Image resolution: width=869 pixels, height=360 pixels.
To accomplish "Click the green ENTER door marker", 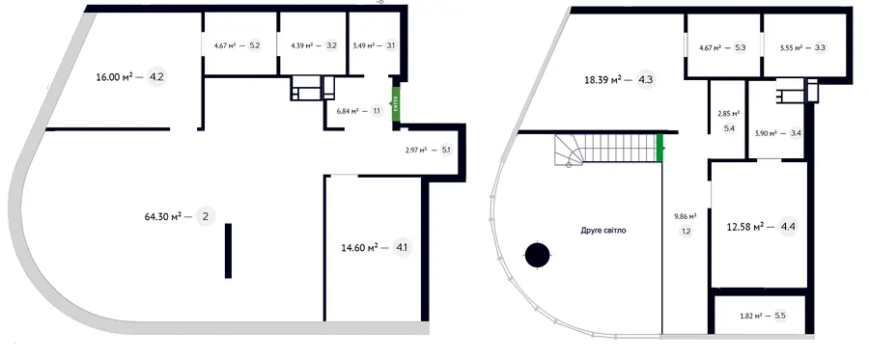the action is coord(396,104).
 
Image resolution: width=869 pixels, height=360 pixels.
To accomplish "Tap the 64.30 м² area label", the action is coord(163,216).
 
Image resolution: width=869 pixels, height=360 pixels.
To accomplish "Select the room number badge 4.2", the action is coord(156,77).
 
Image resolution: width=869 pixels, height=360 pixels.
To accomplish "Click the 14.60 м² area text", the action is coord(360,246).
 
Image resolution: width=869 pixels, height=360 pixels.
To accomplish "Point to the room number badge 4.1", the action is coord(401,246).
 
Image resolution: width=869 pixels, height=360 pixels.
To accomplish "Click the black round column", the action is coord(537,256).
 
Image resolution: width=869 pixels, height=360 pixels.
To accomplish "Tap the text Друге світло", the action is coord(604,230).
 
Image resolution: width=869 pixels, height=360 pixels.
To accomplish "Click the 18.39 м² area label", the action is coord(603,80).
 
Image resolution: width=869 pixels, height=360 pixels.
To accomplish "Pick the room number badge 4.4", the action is coord(788,227).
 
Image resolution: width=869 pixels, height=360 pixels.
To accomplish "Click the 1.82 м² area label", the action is coord(752,316).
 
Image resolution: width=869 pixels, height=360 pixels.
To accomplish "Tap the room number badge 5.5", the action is coord(780,316).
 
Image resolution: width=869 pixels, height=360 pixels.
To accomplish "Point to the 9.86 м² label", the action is coord(686,216).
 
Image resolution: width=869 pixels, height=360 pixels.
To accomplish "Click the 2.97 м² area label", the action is coord(416,150).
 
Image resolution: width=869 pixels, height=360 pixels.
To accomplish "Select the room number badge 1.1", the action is coord(377,111).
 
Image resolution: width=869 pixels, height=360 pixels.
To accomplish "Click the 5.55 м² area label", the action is coord(785,47).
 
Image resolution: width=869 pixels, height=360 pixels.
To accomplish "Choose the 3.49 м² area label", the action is coord(364,45).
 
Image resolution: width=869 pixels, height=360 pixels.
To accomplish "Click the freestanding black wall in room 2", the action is coord(228,250).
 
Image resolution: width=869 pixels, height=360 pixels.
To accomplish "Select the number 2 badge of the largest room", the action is coord(206,216).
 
